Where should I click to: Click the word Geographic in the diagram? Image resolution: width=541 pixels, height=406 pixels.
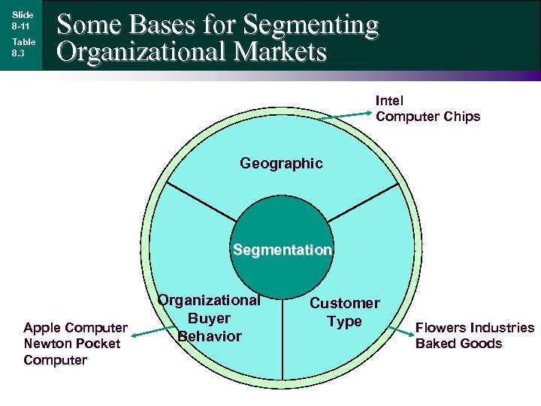pyautogui.click(x=281, y=163)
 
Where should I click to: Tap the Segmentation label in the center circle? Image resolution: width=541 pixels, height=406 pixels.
pyautogui.click(x=282, y=250)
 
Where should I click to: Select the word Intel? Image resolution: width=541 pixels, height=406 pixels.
pyautogui.click(x=389, y=101)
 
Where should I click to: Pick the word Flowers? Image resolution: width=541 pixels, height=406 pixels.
pyautogui.click(x=441, y=328)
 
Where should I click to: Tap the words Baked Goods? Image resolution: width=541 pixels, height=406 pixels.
pyautogui.click(x=458, y=344)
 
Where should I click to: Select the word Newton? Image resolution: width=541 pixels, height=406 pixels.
pyautogui.click(x=47, y=344)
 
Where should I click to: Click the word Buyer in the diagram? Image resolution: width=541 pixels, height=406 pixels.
pyautogui.click(x=209, y=318)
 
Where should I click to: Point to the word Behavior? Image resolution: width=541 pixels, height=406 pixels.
pyautogui.click(x=210, y=335)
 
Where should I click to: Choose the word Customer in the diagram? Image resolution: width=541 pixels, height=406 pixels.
pyautogui.click(x=345, y=303)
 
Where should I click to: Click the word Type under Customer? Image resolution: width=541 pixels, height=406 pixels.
pyautogui.click(x=344, y=321)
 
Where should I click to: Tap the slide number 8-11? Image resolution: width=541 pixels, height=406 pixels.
pyautogui.click(x=20, y=26)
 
